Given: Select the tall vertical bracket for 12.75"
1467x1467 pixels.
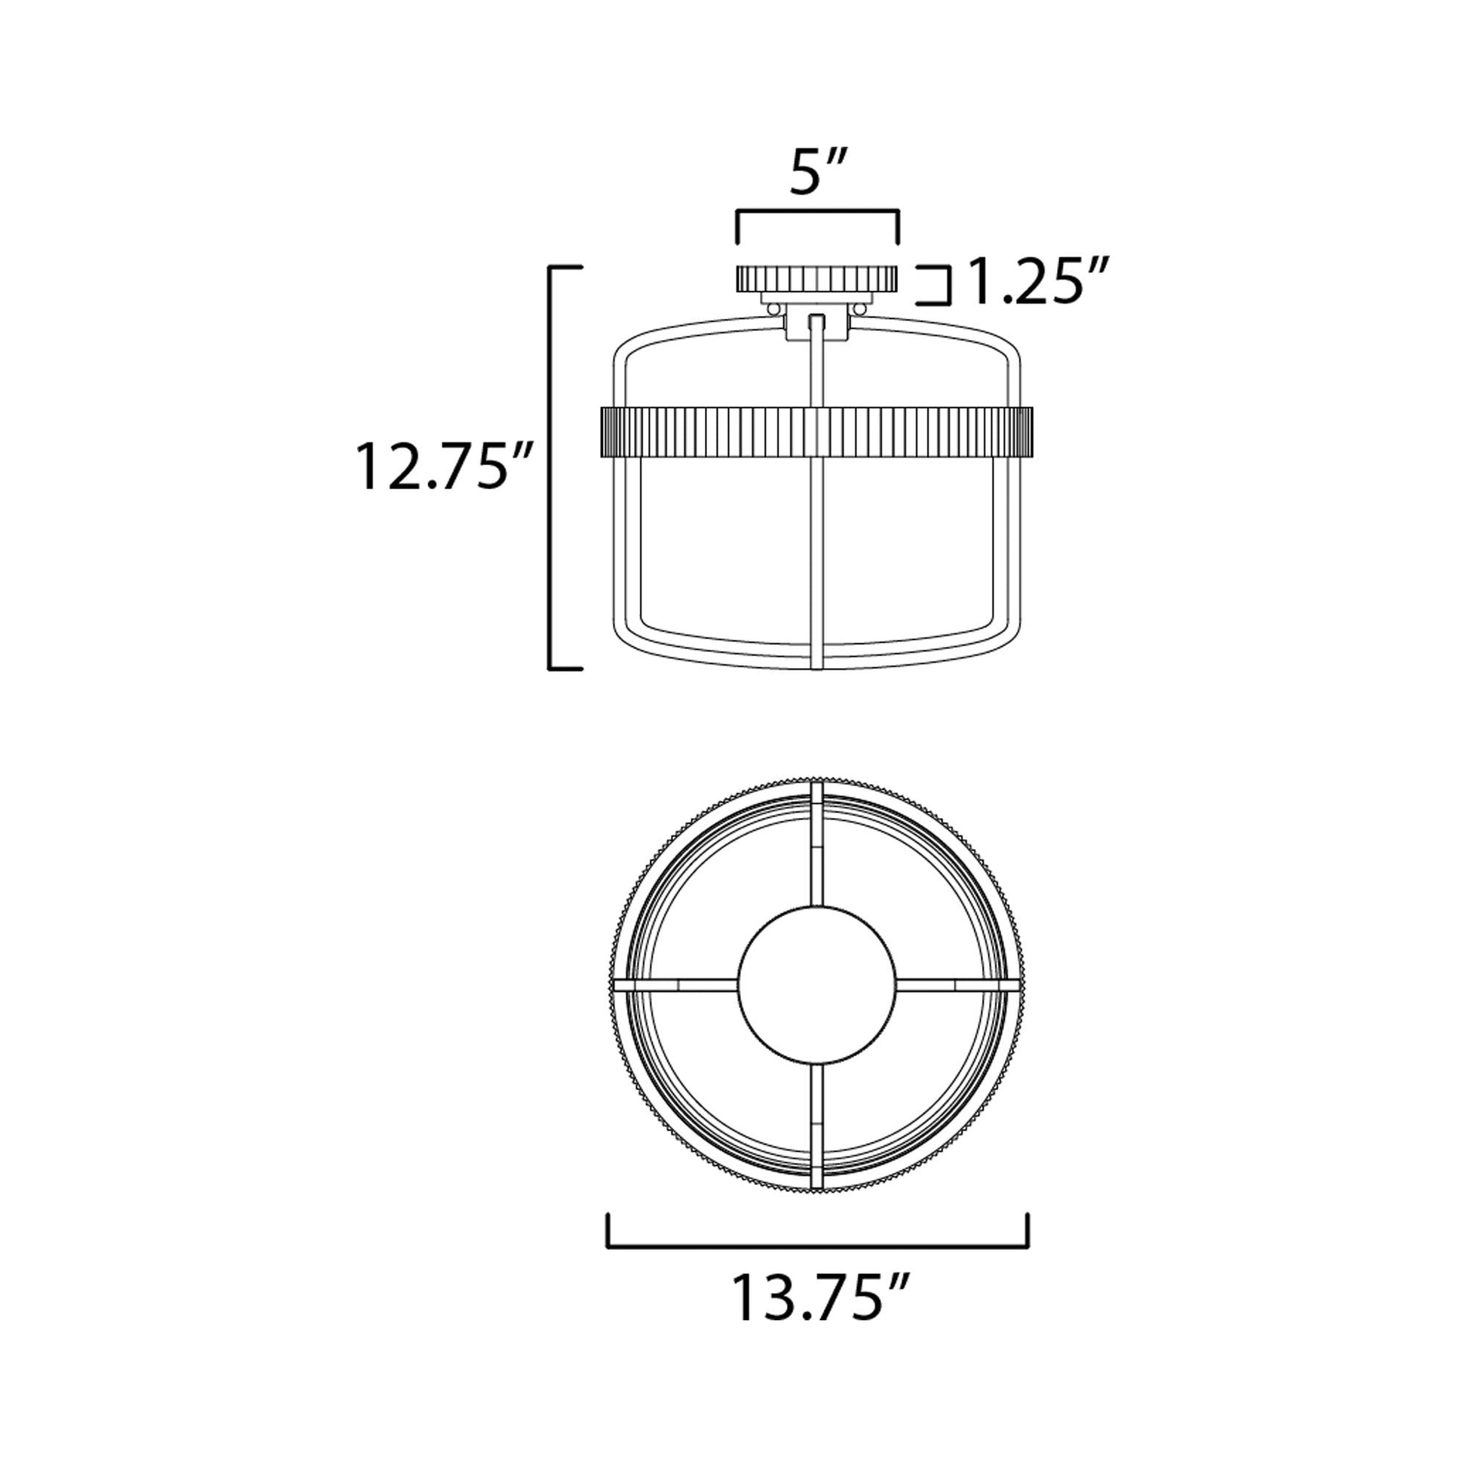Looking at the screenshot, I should tap(551, 467).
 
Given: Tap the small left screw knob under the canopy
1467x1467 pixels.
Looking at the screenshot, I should tap(773, 309).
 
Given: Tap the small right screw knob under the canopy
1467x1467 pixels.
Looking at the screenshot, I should tap(860, 309).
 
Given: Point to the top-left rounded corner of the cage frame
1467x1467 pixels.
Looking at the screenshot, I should tap(620, 348).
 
